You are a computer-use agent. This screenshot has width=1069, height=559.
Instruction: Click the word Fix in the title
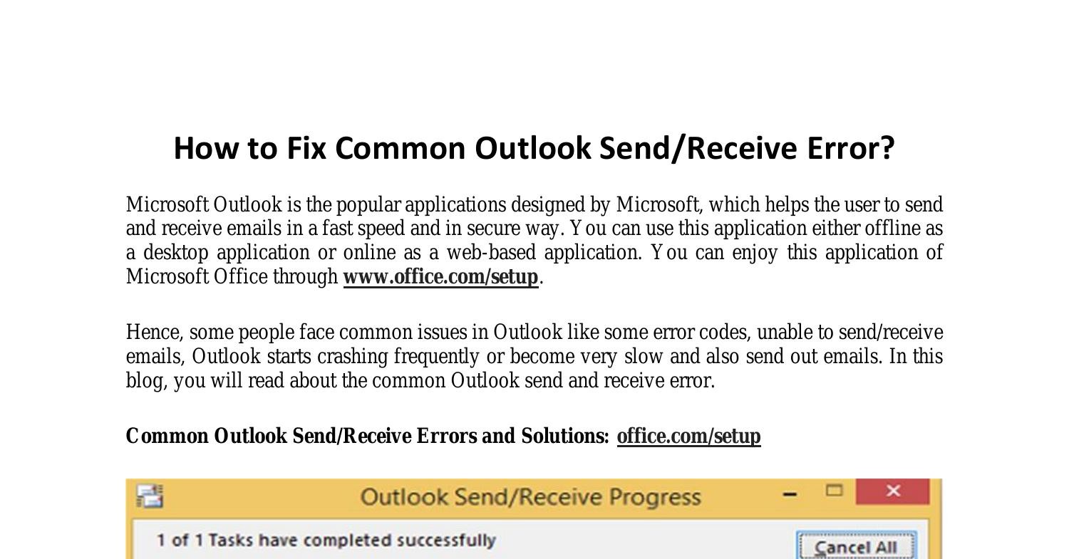click(x=306, y=148)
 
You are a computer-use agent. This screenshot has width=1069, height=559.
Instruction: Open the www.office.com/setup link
click(x=441, y=276)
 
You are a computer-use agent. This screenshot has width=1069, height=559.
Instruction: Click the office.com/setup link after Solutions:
click(x=688, y=436)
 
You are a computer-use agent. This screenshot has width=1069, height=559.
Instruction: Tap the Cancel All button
click(x=856, y=547)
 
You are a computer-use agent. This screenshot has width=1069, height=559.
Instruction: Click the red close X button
click(x=893, y=491)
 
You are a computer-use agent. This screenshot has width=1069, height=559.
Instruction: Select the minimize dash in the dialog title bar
click(x=790, y=495)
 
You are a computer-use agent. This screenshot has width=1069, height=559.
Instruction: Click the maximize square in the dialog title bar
click(x=835, y=491)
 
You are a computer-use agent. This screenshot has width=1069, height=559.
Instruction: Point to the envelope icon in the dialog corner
click(x=150, y=496)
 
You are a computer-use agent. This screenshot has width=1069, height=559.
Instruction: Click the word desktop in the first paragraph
click(x=175, y=252)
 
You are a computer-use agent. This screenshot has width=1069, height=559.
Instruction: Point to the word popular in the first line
click(x=368, y=205)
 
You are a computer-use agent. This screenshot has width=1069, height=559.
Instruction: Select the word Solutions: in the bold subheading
click(x=565, y=436)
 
